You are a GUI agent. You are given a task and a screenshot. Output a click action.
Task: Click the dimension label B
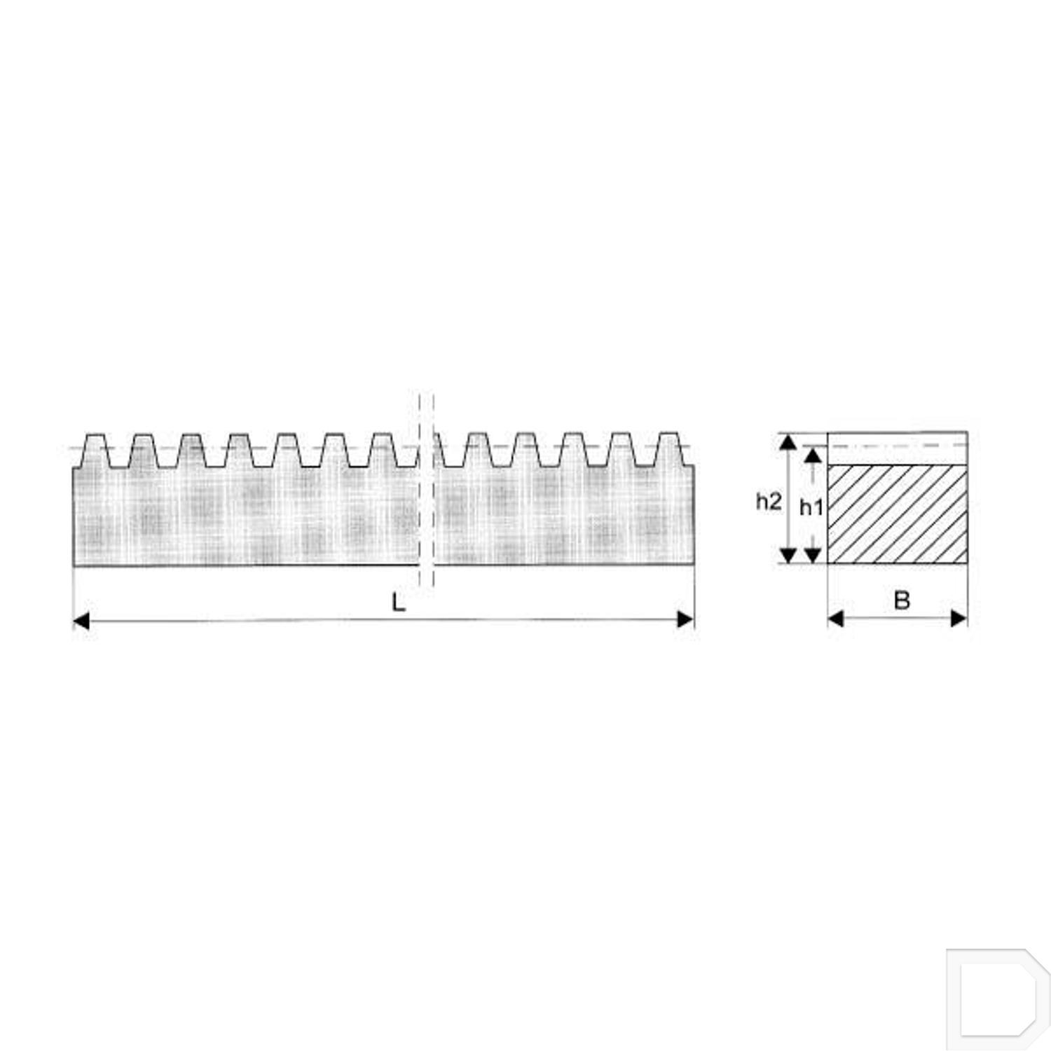[x=902, y=600]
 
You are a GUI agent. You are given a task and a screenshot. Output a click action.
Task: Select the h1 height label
[x=811, y=507]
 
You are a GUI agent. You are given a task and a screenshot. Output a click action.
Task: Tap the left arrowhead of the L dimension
[x=82, y=620]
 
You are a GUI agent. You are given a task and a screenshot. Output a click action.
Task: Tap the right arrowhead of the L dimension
[x=685, y=619]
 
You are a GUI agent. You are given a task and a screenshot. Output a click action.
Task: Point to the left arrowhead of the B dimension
[x=836, y=618]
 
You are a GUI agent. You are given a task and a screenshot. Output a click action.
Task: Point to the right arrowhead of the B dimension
[x=959, y=618]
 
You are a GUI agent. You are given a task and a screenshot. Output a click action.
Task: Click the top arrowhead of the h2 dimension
[x=788, y=441]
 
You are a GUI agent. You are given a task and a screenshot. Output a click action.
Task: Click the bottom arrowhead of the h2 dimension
[x=788, y=556]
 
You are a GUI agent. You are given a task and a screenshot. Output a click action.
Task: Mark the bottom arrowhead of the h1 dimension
[x=812, y=556]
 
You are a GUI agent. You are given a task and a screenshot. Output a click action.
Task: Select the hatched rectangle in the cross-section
[x=898, y=514]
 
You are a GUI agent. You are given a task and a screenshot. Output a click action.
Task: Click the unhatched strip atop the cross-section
[x=898, y=448]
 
